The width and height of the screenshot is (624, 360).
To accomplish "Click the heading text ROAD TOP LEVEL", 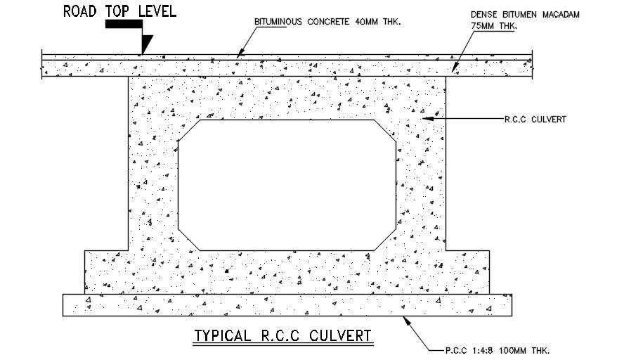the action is tap(119, 11).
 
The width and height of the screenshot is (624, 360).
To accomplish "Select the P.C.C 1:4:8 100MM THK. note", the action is tap(497, 349).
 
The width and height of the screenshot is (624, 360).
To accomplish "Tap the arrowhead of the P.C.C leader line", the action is tap(403, 318).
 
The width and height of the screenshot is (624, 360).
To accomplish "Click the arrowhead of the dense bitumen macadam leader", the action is tap(453, 70).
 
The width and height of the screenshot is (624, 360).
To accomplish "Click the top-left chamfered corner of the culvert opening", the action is tap(189, 131).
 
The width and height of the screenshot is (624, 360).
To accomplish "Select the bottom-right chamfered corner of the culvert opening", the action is tap(384, 239).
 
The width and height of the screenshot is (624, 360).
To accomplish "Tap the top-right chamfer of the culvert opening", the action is tap(384, 131).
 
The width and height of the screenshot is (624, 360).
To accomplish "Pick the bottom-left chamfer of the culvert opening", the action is tap(189, 239).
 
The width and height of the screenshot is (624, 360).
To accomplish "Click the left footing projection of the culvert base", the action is tap(105, 271).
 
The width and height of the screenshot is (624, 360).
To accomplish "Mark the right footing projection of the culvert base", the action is tap(467, 271).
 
